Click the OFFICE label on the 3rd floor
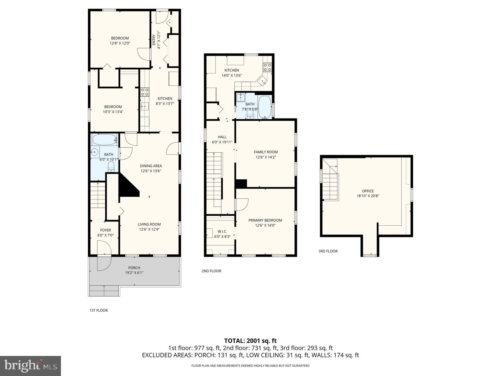pos(368,191)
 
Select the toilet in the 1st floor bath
pos(111,167)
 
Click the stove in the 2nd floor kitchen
pos(267,67)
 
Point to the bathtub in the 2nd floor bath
pos(265,107)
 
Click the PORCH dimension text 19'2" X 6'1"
pos(134,273)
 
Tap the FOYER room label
pos(105,230)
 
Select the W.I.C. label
pos(222,231)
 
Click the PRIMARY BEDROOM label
pos(265,220)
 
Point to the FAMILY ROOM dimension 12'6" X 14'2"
pos(266,157)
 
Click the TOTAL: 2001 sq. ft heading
pos(250,341)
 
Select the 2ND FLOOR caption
pos(211,271)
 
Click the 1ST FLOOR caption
pos(98,310)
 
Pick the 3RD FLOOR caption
pos(328,251)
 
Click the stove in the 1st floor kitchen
pos(144,92)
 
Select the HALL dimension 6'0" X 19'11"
pos(222,142)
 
